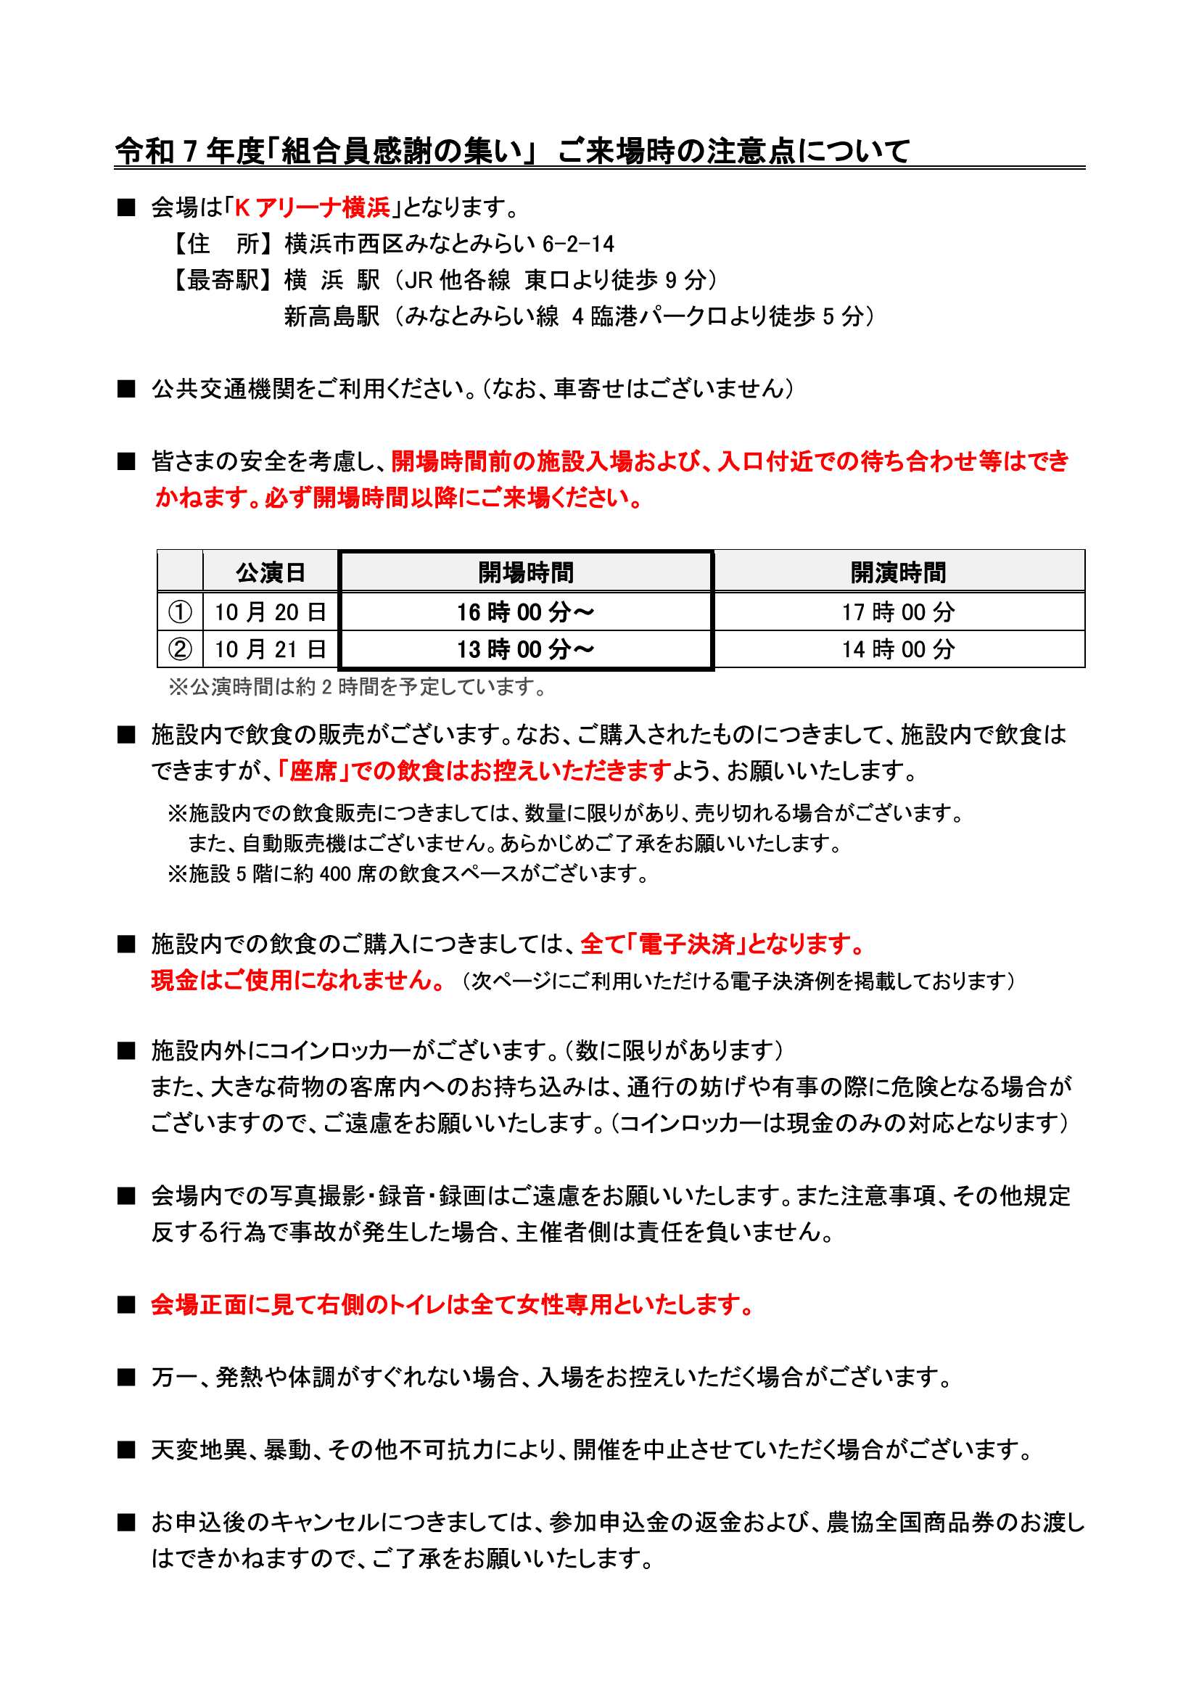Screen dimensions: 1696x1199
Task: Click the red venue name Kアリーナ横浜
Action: click(x=312, y=207)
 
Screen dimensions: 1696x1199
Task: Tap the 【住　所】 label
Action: click(x=226, y=244)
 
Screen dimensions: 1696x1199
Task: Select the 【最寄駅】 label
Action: click(x=226, y=280)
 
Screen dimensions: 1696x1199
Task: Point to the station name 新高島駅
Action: click(x=331, y=316)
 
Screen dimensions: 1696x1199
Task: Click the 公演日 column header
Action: click(x=271, y=572)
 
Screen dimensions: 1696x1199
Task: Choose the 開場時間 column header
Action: click(x=525, y=572)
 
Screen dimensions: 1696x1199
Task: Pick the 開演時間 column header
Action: click(x=898, y=572)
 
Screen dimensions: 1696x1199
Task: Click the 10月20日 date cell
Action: click(x=271, y=612)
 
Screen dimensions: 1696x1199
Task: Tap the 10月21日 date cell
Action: click(x=271, y=649)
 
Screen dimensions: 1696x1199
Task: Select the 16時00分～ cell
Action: click(x=525, y=612)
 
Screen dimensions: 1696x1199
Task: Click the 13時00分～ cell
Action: click(x=525, y=649)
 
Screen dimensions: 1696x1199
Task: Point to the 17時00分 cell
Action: click(x=898, y=612)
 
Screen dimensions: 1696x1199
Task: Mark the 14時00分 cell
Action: click(x=898, y=649)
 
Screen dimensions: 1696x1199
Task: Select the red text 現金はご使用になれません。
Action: click(x=298, y=980)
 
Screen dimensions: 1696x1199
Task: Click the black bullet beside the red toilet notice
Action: click(x=126, y=1305)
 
